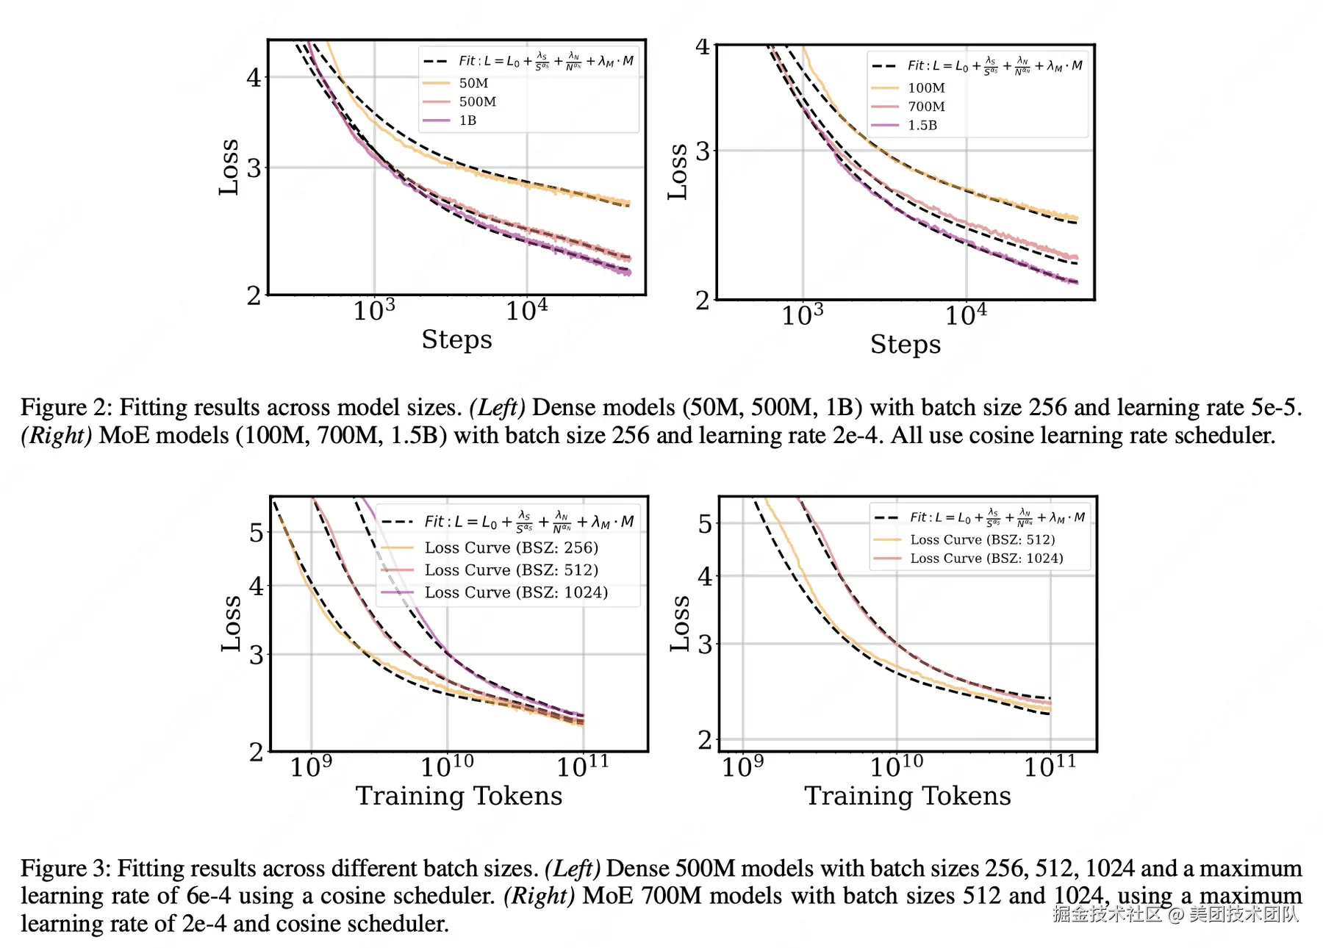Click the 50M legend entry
pyautogui.click(x=473, y=83)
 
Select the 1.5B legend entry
pyautogui.click(x=922, y=125)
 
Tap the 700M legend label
pyautogui.click(x=926, y=107)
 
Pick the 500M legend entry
pyautogui.click(x=478, y=101)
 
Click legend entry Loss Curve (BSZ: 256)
pyautogui.click(x=511, y=547)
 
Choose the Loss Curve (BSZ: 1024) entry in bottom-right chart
pyautogui.click(x=986, y=559)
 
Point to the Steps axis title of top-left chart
pyautogui.click(x=456, y=340)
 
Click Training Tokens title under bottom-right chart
pyautogui.click(x=907, y=796)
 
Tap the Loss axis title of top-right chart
pyautogui.click(x=678, y=171)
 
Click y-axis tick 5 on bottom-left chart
pyautogui.click(x=256, y=533)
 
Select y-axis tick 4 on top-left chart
pyautogui.click(x=254, y=77)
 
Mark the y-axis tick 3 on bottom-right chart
pyautogui.click(x=705, y=644)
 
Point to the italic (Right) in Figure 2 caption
pyautogui.click(x=56, y=435)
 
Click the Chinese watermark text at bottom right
pyautogui.click(x=1175, y=913)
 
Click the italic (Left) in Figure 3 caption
pyautogui.click(x=573, y=868)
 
